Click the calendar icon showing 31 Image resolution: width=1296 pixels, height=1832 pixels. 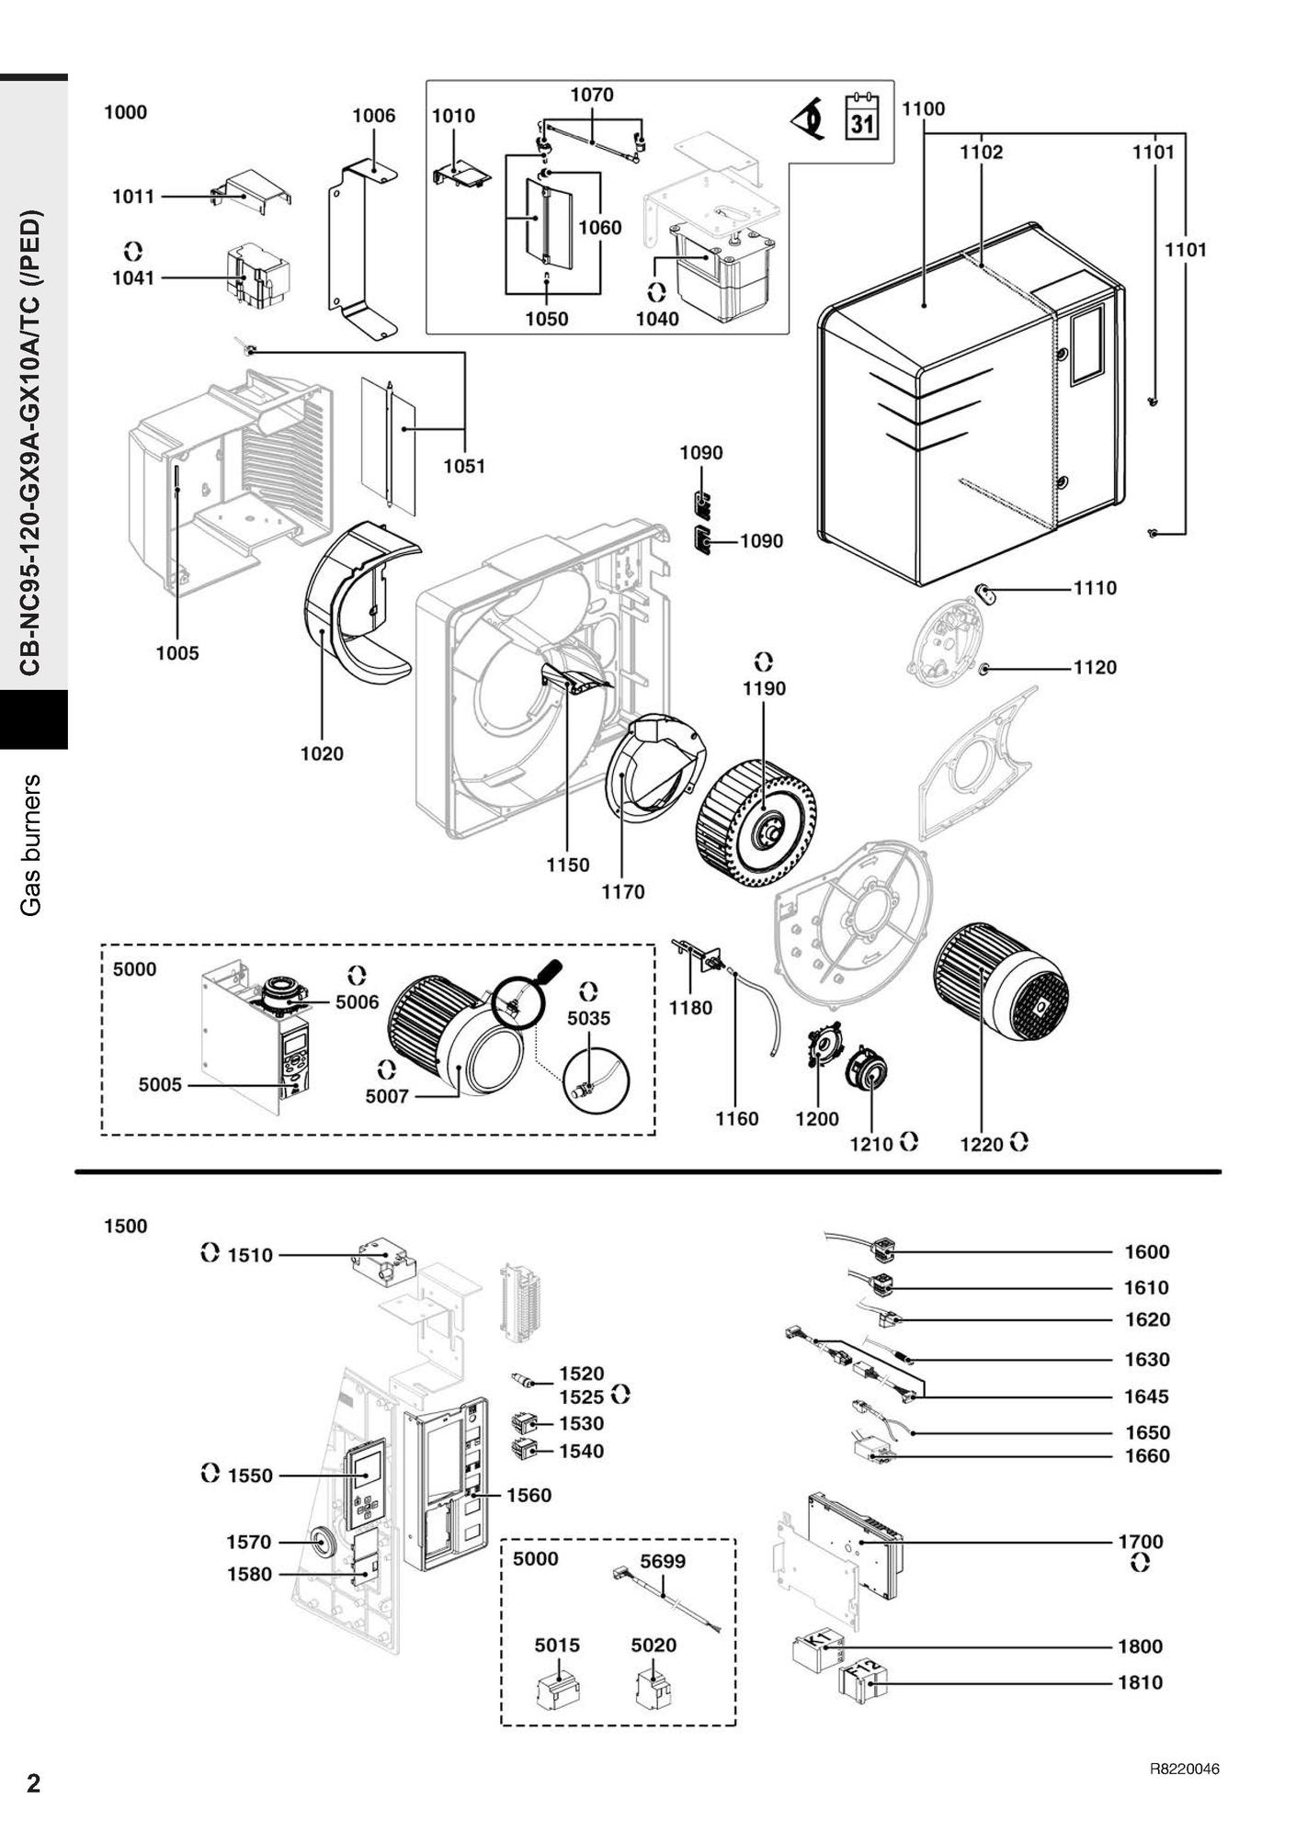(861, 117)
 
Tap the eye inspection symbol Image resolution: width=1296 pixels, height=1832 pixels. (809, 119)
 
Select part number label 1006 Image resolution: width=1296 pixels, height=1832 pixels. (374, 116)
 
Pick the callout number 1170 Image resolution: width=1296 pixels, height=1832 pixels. (623, 891)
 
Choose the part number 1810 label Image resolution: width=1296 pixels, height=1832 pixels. (1140, 1683)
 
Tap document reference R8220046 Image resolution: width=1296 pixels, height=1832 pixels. (1184, 1770)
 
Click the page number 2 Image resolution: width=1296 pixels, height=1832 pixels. (34, 1783)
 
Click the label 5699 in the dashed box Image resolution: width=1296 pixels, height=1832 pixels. (663, 1561)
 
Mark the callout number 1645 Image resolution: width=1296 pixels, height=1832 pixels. (1146, 1397)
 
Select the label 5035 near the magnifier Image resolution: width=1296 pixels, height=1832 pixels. (588, 1018)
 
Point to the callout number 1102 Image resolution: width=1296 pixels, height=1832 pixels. (982, 153)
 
